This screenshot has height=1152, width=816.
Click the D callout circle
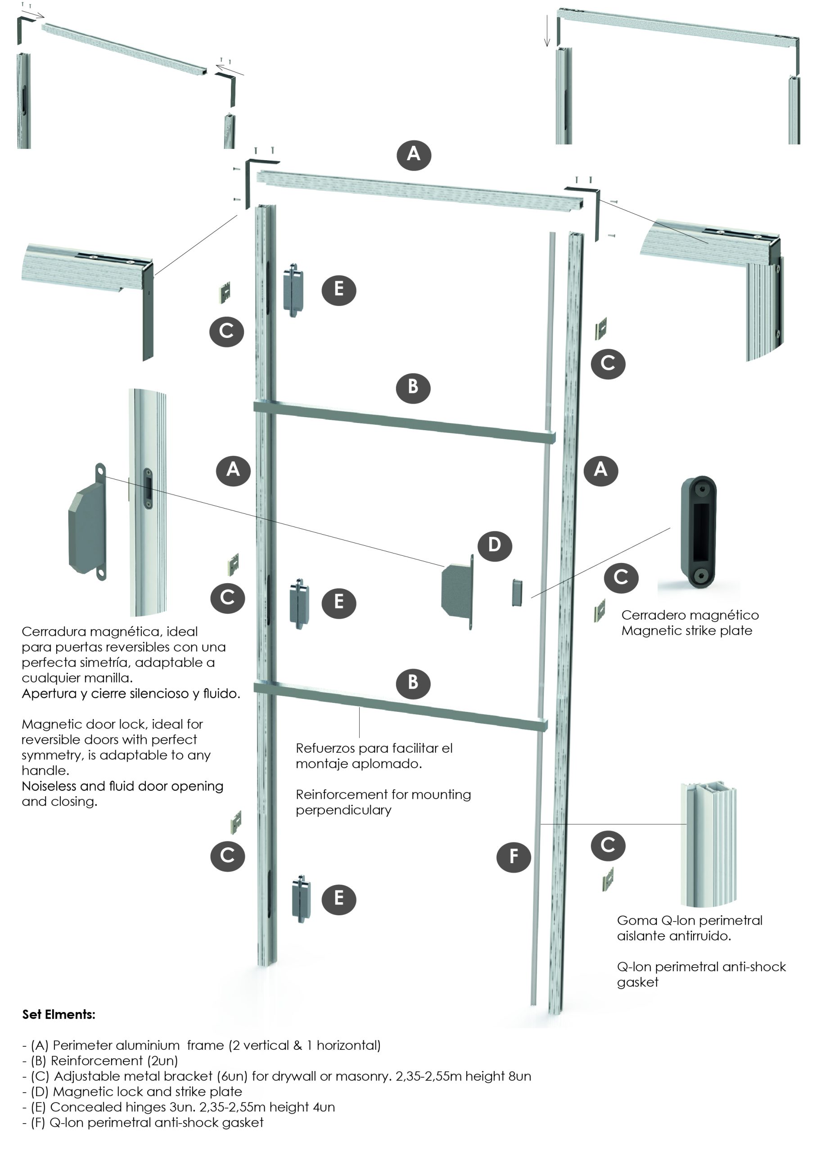495,545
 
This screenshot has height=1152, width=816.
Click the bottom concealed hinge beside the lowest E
301,899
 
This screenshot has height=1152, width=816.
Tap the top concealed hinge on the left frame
293,290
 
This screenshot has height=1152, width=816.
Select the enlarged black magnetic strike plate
699,531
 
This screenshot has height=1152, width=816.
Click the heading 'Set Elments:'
59,1014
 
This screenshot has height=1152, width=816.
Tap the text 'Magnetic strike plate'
686,631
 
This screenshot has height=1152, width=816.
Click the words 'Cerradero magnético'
690,616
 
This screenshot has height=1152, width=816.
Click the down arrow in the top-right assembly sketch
547,31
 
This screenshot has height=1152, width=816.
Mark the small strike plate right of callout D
517,593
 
